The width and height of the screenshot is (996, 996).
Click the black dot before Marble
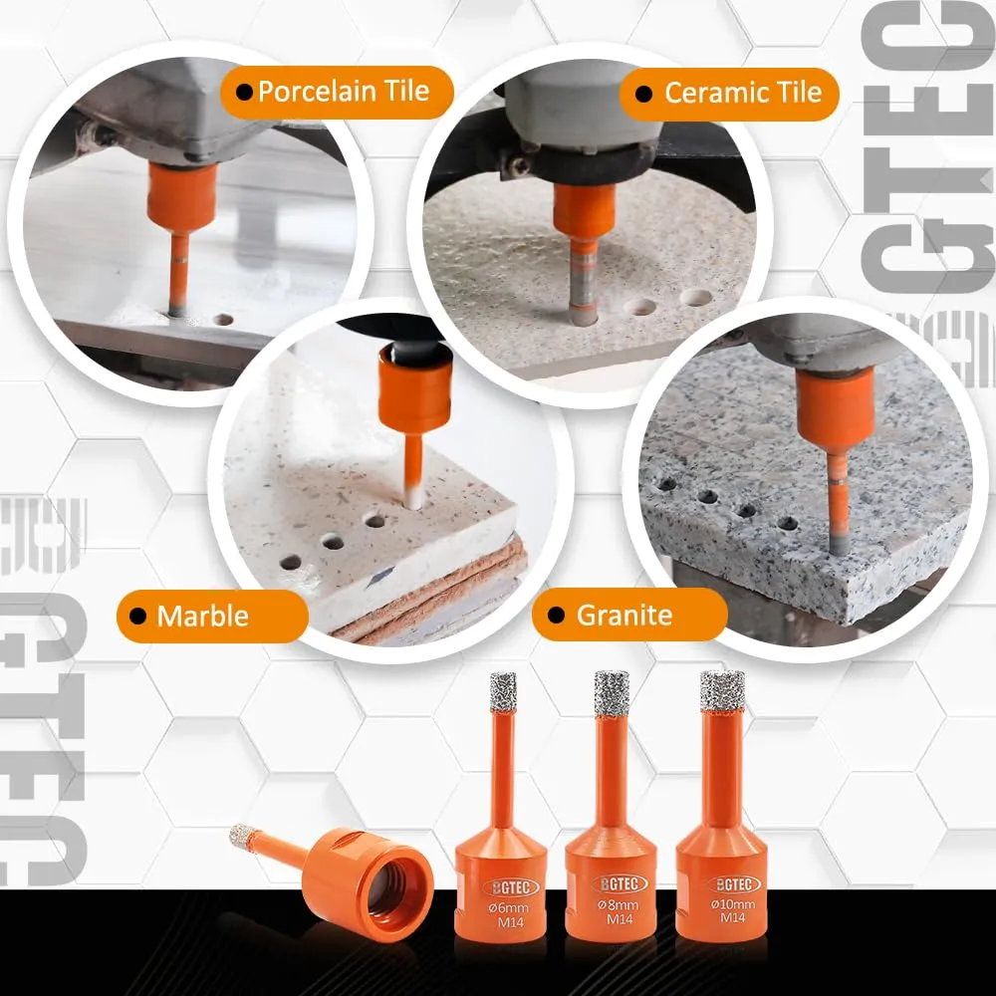coord(137,617)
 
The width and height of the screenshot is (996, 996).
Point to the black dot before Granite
coord(556,615)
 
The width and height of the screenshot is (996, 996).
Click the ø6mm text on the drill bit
coord(509,907)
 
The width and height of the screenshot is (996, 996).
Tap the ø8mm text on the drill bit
coord(619,905)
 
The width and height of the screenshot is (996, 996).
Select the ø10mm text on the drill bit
coord(733,904)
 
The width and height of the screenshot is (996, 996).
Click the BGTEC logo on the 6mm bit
coord(511,887)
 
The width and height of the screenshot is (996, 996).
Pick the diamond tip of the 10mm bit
coord(722,690)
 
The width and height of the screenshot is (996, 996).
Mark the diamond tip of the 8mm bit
coord(612,692)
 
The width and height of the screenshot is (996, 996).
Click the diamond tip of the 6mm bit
coord(504,692)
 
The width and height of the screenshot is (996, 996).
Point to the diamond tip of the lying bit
coord(242,836)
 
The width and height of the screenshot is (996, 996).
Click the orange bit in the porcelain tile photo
coord(181,229)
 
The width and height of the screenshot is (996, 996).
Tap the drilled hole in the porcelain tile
coord(222,319)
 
